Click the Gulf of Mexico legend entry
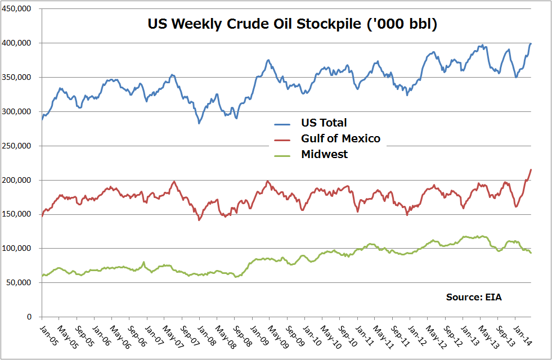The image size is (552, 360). (340, 138)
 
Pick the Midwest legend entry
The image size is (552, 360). (324, 154)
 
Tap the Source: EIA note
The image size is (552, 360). (473, 296)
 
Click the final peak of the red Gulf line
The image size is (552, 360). (531, 169)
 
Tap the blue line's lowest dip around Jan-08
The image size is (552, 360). (199, 123)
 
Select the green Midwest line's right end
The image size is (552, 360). (531, 253)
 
